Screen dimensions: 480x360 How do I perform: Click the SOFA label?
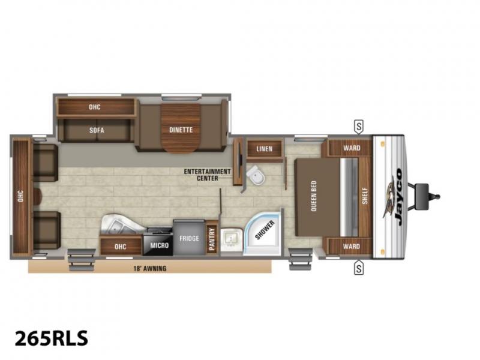point(97,130)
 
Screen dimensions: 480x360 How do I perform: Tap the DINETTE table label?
point(181,130)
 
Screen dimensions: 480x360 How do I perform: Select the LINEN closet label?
point(265,149)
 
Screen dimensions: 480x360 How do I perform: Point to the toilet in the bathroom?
point(256,176)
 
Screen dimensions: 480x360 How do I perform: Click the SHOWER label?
point(265,230)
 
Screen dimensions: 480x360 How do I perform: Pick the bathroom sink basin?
point(231,239)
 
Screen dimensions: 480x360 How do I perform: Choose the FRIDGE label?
point(189,238)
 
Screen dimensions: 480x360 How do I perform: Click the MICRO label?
point(160,245)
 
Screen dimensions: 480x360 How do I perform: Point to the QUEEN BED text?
point(313,196)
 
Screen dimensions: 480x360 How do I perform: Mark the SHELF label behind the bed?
point(365,196)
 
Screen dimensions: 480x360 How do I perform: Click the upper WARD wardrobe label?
point(352,148)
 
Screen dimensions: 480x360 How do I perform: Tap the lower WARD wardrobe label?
point(352,247)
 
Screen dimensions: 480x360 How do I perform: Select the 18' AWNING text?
point(150,269)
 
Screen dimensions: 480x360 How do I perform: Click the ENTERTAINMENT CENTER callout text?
point(207,175)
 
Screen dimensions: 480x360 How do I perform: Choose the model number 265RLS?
point(52,338)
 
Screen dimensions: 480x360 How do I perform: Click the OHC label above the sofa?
point(95,107)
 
